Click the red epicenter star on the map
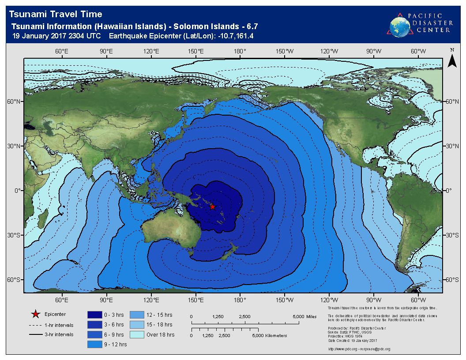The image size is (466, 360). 212,206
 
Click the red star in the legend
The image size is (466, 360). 35,314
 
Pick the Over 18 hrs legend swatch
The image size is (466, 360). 137,334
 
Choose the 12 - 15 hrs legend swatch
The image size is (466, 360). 137,315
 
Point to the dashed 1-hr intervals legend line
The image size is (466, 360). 35,325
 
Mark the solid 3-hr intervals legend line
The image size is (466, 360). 35,334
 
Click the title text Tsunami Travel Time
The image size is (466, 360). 56,15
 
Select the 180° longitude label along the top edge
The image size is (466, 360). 240,51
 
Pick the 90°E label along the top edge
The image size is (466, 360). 106,51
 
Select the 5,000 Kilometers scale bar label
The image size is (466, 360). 269,336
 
